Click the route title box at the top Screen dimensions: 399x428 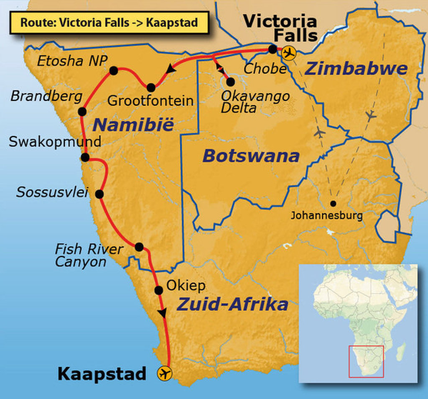coord(109,23)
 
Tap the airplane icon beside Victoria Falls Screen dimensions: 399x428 coord(288,53)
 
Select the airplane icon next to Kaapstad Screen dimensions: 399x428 coord(165,373)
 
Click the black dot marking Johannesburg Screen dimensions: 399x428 coord(333,204)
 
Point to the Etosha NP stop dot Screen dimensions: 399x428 coord(113,71)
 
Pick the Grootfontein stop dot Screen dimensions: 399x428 coord(151,87)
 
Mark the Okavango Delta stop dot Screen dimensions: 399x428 coord(230,82)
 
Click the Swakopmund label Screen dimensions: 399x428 coord(55,142)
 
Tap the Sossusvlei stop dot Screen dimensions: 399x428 coord(99,194)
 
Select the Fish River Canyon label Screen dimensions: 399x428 coord(89,256)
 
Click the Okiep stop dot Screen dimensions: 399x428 coord(158,290)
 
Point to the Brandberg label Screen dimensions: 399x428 coord(46,97)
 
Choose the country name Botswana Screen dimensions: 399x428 coord(251,156)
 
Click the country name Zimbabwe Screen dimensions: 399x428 coord(356,69)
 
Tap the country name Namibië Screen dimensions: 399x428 coord(132,125)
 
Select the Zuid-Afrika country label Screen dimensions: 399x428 coord(232,304)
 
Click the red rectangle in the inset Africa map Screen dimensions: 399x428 coord(366,361)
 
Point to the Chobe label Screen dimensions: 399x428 coord(265,69)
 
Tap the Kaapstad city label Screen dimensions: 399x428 coord(102,373)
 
